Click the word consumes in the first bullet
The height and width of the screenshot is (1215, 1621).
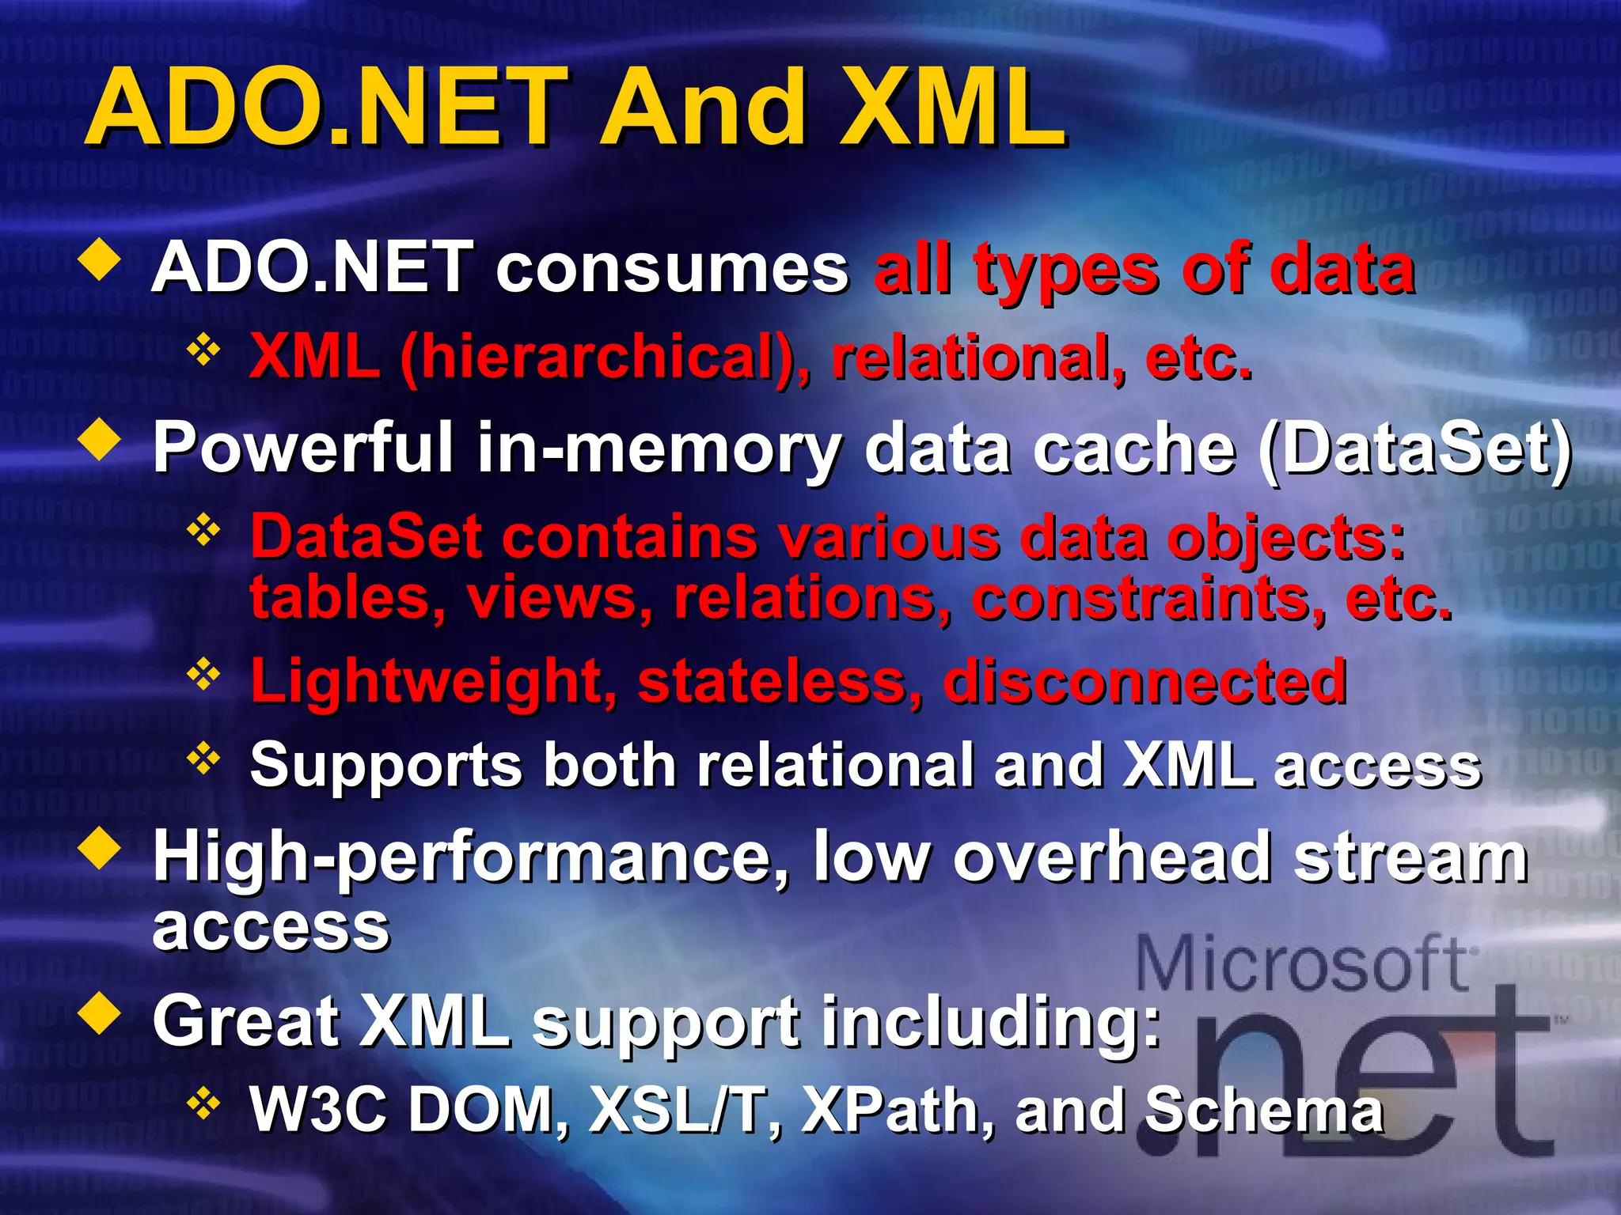click(672, 269)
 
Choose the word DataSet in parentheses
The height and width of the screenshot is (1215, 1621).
click(1414, 449)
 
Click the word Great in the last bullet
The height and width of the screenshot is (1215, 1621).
click(246, 1021)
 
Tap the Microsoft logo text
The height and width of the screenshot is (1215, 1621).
click(1303, 963)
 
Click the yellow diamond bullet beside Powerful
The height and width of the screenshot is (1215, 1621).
click(101, 441)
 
